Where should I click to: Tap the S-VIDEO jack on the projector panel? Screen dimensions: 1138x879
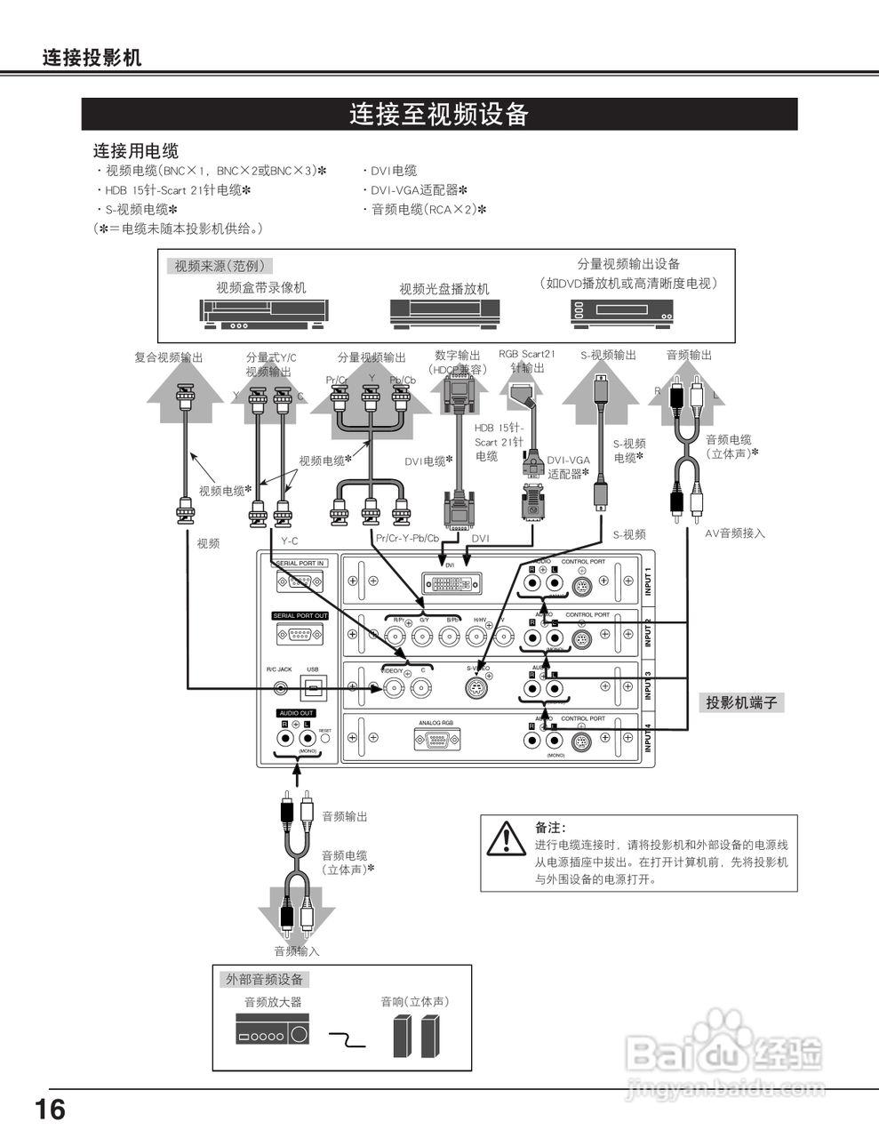(x=478, y=687)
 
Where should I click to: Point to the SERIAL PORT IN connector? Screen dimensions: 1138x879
(x=300, y=582)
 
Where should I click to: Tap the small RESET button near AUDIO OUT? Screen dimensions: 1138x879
(x=325, y=738)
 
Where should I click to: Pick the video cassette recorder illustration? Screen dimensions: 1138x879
(x=264, y=312)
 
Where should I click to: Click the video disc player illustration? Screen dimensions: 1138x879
(x=444, y=312)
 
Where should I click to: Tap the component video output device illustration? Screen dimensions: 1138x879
(x=621, y=311)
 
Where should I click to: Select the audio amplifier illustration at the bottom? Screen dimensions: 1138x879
(x=273, y=1034)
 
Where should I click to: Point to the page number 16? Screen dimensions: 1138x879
(x=50, y=1110)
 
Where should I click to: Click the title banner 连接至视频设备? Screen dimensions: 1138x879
(x=439, y=115)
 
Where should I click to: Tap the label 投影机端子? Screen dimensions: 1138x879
(x=741, y=702)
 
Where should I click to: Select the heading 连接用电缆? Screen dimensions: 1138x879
(x=136, y=151)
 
